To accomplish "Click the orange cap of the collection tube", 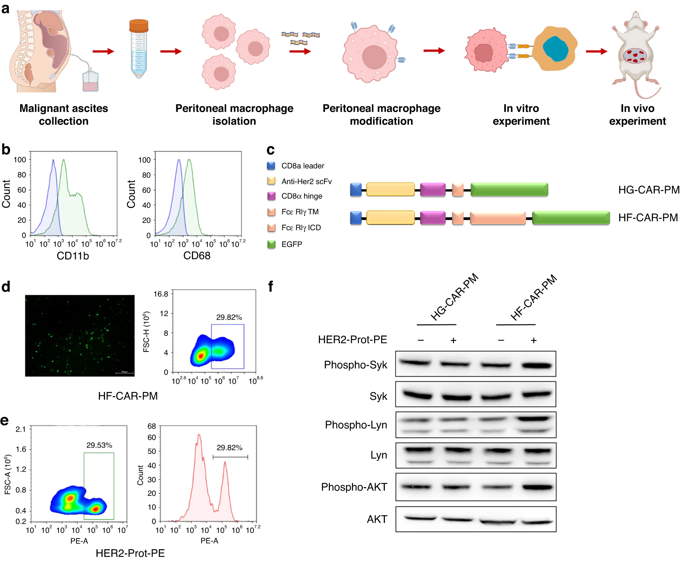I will (139, 26).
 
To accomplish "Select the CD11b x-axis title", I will (73, 256).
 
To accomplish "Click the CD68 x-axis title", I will (197, 256).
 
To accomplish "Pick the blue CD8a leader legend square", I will (271, 166).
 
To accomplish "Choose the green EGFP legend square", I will (271, 244).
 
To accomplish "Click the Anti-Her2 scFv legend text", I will (307, 182).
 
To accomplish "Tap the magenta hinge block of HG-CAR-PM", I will (433, 190).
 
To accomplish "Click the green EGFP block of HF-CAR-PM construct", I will (571, 218).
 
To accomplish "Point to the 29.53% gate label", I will (99, 445).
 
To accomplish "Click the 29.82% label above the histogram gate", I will (229, 448).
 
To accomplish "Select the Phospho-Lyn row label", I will (356, 425).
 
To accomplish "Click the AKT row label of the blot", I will (377, 519).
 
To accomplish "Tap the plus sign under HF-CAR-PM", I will (534, 341).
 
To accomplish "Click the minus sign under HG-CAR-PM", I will (421, 340).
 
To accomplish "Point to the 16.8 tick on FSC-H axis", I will (161, 294).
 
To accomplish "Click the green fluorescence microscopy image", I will (80, 335).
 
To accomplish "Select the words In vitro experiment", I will (521, 115).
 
